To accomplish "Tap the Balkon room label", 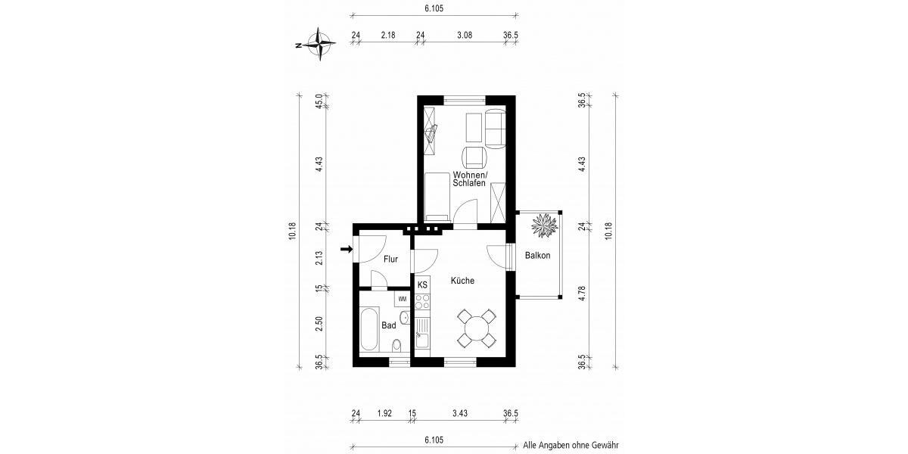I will coord(537,256).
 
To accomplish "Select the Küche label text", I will coord(462,280).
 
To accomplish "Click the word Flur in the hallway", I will coord(390,260).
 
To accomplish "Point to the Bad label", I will coord(388,325).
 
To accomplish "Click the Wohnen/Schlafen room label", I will coord(470,179).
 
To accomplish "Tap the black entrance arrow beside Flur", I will coord(347,249).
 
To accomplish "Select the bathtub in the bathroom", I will coord(371,330).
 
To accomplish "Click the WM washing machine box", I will coord(402,299).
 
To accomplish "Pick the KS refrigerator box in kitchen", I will coord(422,285).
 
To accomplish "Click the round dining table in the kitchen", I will coord(477,328).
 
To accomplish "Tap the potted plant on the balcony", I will coord(543,225).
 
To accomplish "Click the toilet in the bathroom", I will coord(396,347).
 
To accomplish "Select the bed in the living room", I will coord(438,194).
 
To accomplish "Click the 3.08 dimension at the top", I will coord(463,35).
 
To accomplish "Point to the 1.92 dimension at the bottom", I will coord(384,413).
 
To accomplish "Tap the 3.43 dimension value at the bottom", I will coord(459,413).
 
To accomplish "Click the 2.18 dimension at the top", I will coord(388,35).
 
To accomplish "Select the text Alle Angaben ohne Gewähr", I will coord(571,446).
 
